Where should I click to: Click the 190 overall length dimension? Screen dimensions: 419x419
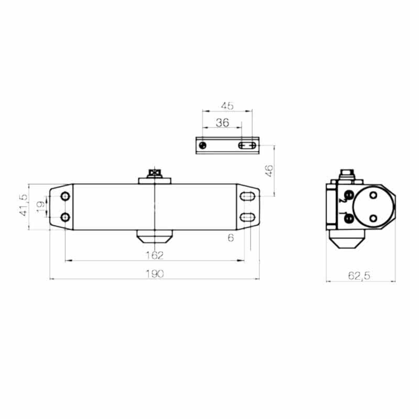click(155, 274)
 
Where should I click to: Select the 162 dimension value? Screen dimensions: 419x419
click(155, 256)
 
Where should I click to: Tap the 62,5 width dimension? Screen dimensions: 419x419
click(359, 276)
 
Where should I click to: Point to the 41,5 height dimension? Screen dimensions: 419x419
click(24, 205)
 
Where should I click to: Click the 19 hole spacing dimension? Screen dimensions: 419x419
click(41, 206)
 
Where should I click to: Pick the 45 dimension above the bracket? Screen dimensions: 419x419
click(227, 106)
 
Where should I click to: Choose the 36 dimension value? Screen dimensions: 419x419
click(222, 123)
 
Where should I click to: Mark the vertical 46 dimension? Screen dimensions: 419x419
click(269, 171)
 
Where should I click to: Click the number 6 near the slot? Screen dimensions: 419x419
click(231, 238)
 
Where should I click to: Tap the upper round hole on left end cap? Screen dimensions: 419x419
click(65, 196)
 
